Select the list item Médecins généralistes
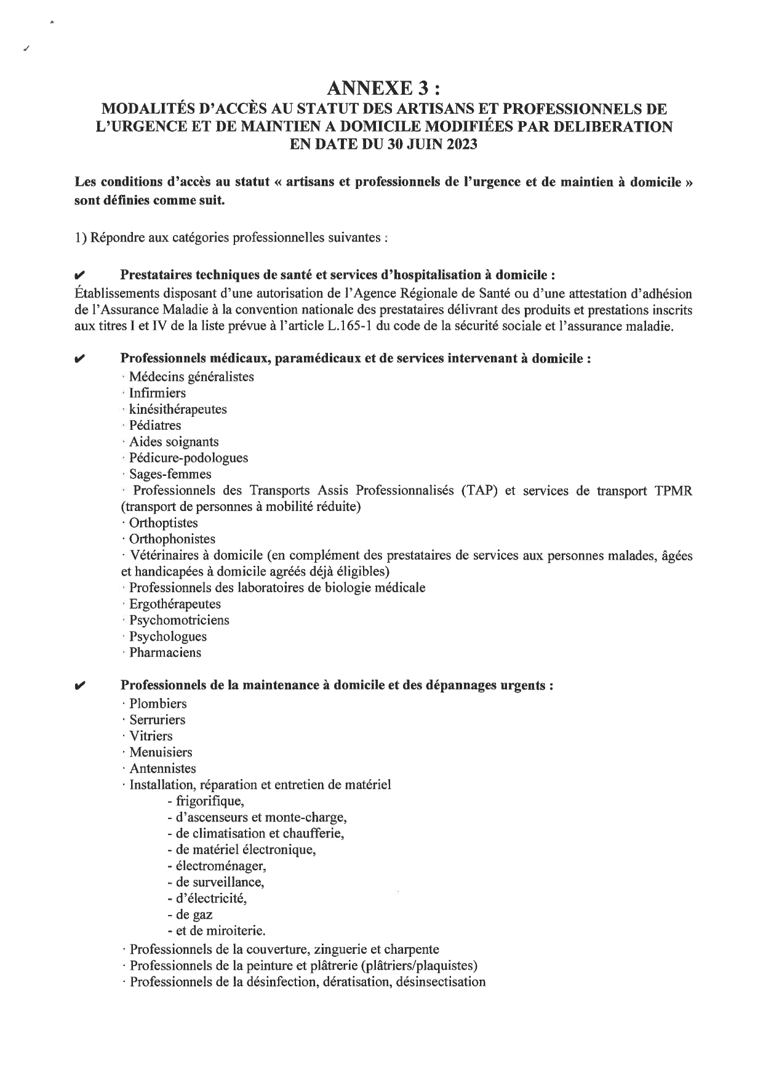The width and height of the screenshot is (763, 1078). (191, 377)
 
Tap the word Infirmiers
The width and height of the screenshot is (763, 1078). (158, 393)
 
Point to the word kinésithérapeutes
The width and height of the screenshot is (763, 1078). (178, 410)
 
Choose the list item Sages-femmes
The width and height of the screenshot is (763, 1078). (170, 474)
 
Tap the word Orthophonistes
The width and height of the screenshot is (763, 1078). (172, 539)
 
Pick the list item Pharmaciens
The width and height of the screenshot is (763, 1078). (165, 653)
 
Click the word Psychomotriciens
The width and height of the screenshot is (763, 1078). (179, 620)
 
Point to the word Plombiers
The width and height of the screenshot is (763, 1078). (158, 703)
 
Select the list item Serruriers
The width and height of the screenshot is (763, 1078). (158, 720)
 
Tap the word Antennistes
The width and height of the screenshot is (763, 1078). (162, 769)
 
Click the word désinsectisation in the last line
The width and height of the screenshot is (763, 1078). (441, 982)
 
